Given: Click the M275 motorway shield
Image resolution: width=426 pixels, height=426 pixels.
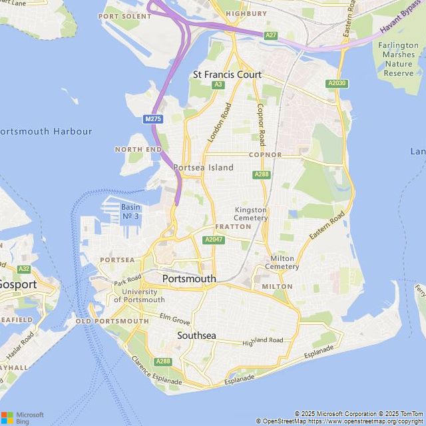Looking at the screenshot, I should tap(153, 118).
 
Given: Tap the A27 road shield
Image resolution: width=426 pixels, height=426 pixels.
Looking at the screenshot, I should tap(270, 35).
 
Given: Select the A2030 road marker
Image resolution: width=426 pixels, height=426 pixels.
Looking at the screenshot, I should tap(337, 83).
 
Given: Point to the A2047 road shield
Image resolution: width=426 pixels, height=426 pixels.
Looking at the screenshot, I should tap(214, 240).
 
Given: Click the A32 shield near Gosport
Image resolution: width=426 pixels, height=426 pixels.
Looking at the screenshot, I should tap(24, 269).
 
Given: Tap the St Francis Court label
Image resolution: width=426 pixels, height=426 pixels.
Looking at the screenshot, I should tap(227, 75).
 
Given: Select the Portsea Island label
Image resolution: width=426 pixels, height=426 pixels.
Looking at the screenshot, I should tap(203, 168).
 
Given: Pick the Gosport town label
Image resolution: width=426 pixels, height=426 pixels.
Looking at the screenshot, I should tap(18, 284).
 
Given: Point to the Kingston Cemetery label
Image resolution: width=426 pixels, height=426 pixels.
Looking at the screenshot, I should tap(251, 214).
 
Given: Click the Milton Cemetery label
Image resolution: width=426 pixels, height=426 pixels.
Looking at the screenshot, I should tap(282, 262).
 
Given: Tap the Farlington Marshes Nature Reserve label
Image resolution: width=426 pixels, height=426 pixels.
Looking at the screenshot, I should tap(399, 59).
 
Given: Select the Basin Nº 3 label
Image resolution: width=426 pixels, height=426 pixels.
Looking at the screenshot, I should tap(130, 212).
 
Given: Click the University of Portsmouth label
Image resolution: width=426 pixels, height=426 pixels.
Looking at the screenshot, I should tap(139, 296).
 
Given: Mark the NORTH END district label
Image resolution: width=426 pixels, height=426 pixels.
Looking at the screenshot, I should tap(138, 150).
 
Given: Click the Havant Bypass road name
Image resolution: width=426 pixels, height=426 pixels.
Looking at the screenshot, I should tap(401, 18).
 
